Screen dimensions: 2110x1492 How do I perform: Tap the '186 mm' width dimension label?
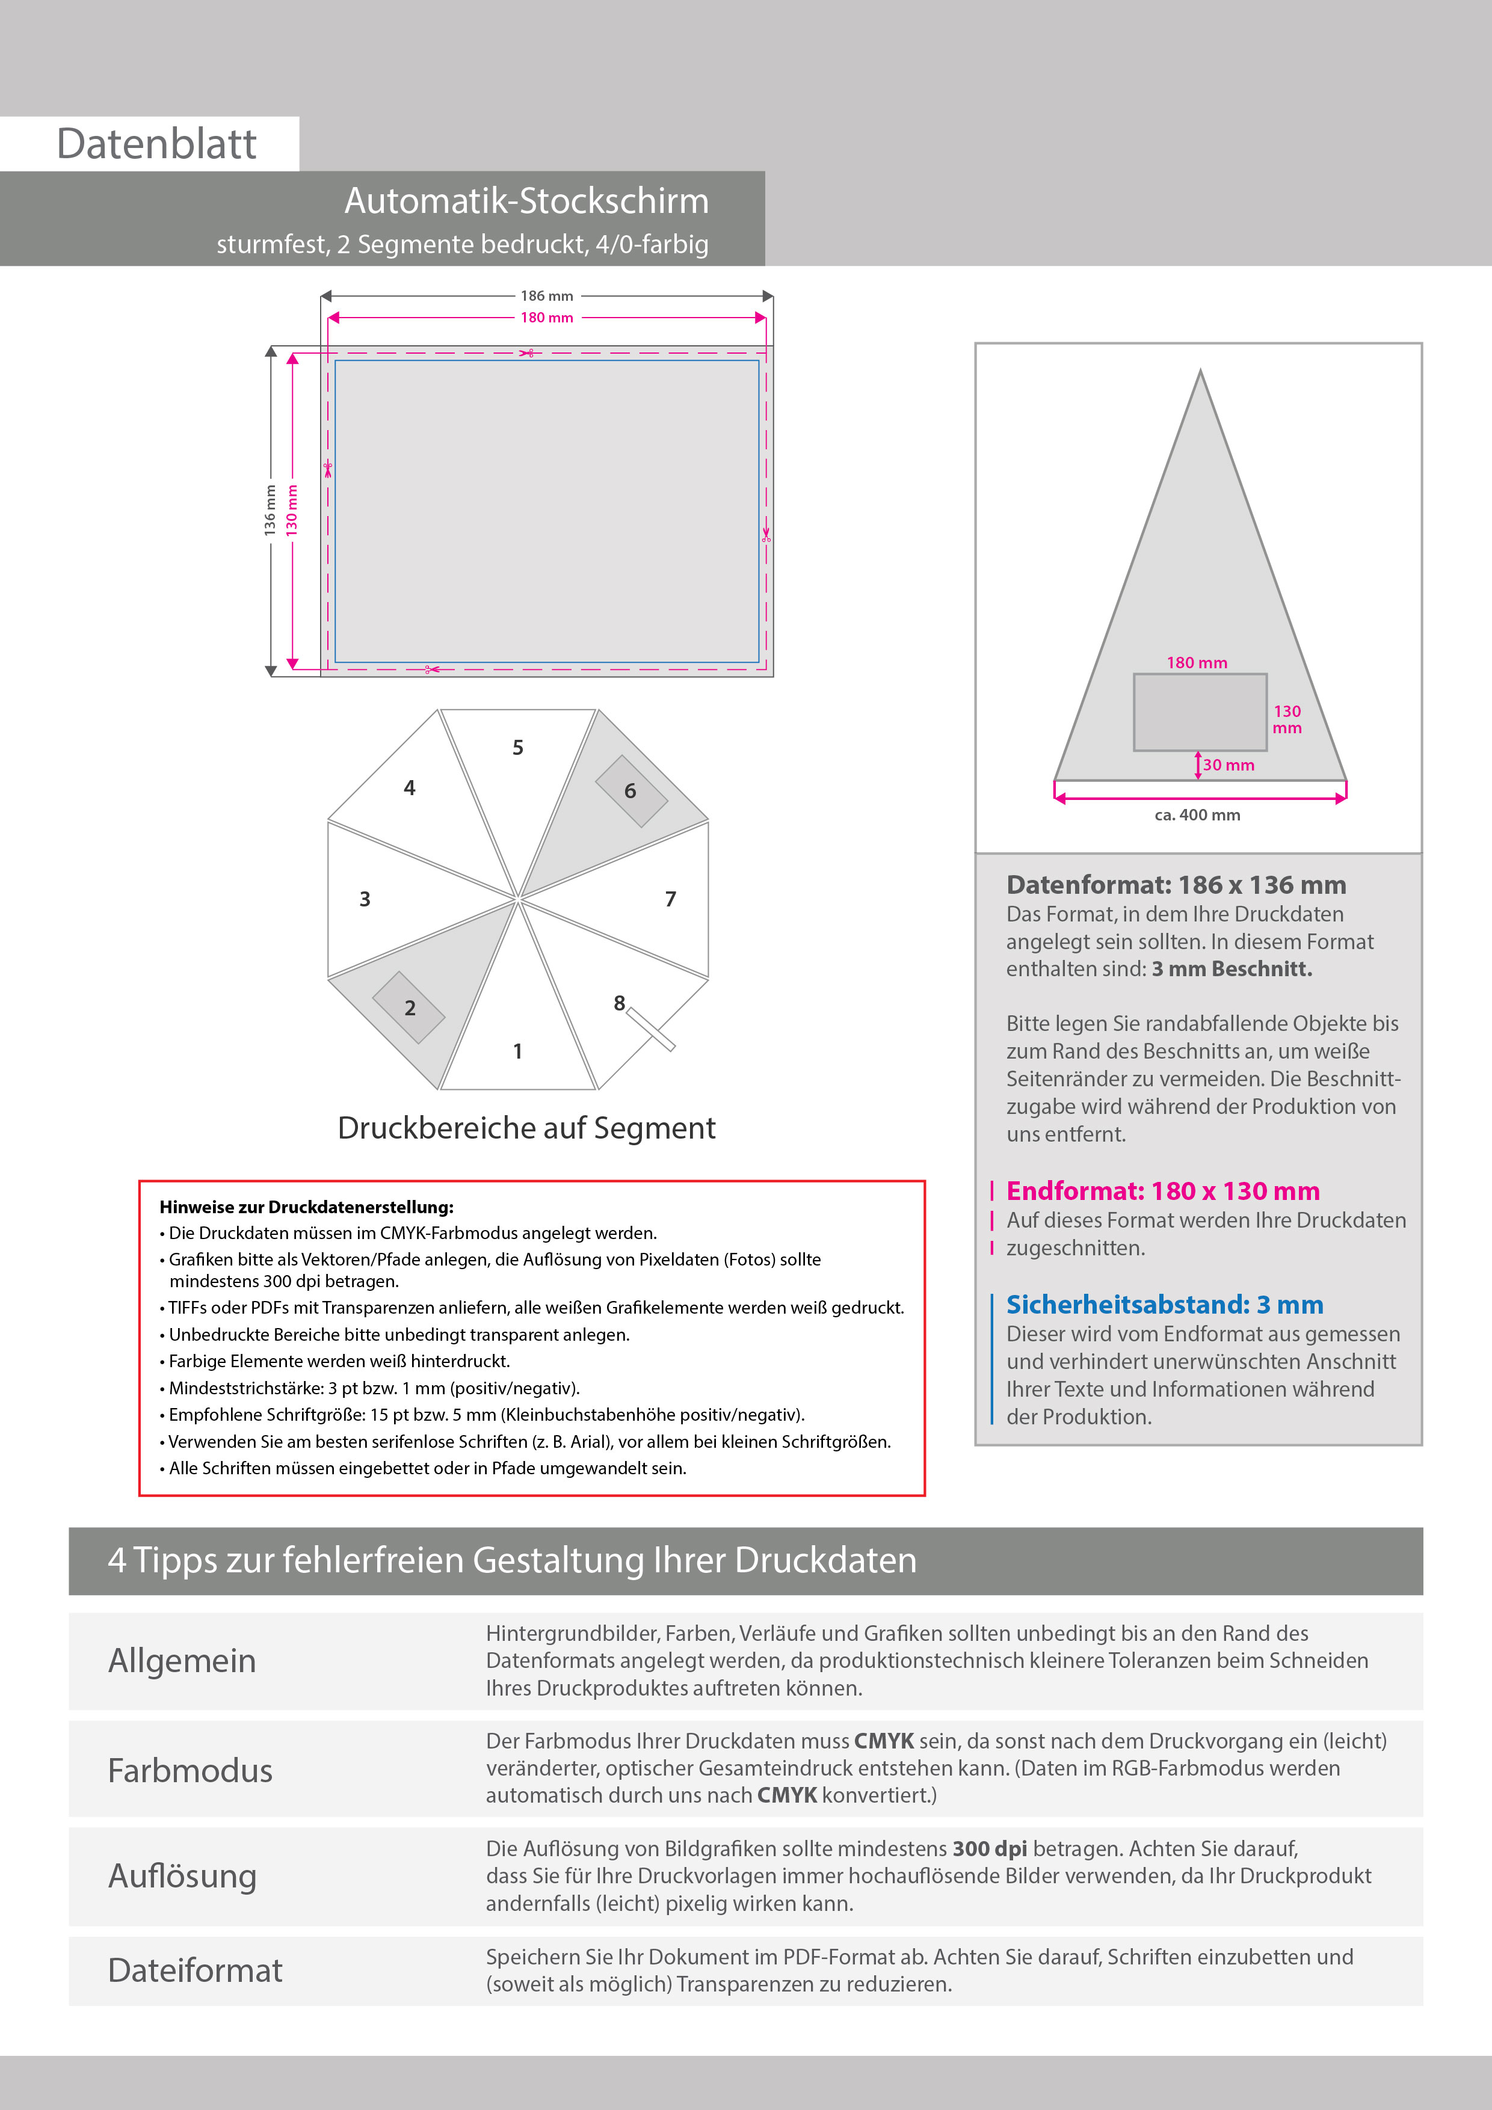tap(546, 296)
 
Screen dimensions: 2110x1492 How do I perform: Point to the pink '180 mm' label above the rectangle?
tap(546, 318)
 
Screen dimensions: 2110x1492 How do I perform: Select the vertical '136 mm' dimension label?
tap(270, 510)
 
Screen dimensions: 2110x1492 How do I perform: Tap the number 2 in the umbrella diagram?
tap(410, 1008)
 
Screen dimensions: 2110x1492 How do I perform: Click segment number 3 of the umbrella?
tap(365, 899)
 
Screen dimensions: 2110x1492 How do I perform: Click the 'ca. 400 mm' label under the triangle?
tap(1197, 815)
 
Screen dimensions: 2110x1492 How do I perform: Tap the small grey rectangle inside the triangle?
tap(1200, 712)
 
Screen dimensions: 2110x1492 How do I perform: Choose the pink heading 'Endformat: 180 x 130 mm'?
tap(1163, 1191)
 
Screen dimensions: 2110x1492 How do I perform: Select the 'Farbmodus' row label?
tap(190, 1771)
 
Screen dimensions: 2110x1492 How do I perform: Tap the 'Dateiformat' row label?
tap(195, 1970)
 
